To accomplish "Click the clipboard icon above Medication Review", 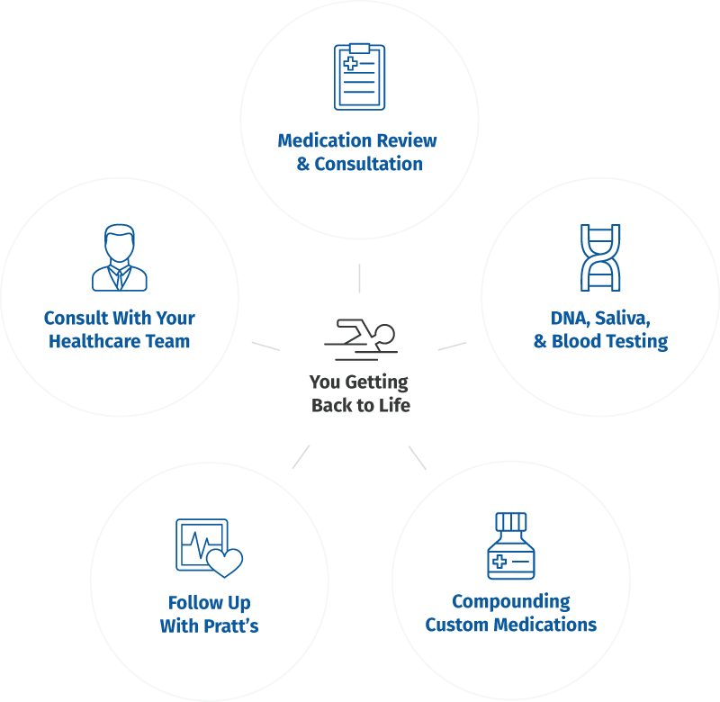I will [x=359, y=76].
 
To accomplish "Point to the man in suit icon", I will [x=120, y=258].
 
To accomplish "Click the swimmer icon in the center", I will [x=360, y=336].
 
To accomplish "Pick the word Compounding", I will [x=510, y=601].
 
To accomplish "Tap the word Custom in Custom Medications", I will [x=457, y=625].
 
